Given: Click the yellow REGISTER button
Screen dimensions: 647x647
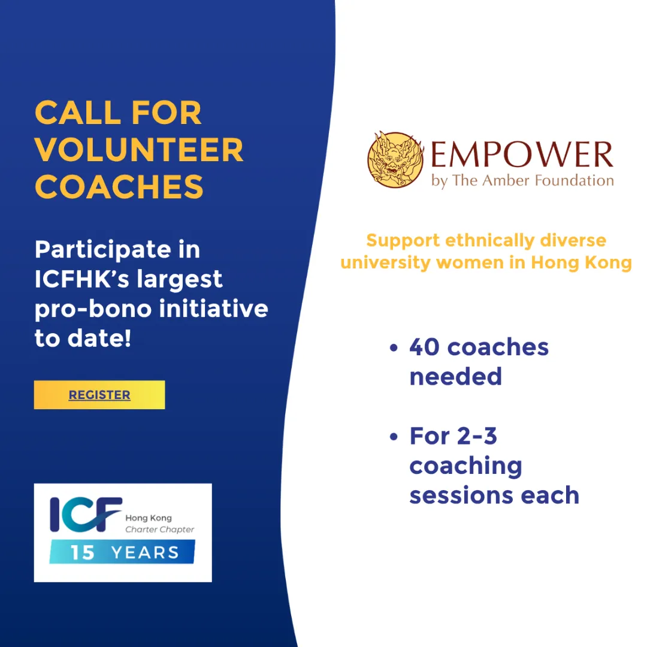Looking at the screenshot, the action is (x=99, y=395).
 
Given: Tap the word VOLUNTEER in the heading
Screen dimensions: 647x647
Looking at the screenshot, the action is (x=140, y=150).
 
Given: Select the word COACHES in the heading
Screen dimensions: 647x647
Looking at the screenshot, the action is (x=119, y=187).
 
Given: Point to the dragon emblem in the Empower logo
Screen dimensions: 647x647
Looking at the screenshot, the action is (x=396, y=160).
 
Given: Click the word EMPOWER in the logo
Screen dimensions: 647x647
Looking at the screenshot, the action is (x=522, y=155).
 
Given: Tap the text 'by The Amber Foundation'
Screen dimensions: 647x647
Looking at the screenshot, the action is (x=522, y=181).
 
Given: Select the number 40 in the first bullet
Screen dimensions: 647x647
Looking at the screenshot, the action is (x=425, y=347).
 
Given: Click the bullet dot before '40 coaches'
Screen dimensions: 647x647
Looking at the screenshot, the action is (x=394, y=348).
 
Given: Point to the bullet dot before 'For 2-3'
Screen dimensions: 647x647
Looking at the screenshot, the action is (x=394, y=437).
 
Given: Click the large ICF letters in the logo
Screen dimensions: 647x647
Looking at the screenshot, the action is (x=86, y=514).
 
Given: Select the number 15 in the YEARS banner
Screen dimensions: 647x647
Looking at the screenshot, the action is (x=83, y=552).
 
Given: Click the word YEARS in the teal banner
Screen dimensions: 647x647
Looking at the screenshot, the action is (x=145, y=552).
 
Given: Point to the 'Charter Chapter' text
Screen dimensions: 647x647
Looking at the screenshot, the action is (x=160, y=530).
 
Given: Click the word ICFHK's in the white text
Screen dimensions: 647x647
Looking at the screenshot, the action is (x=82, y=279).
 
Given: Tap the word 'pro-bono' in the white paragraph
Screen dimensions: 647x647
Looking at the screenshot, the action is (x=93, y=309).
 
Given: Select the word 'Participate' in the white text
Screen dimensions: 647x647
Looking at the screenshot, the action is (x=103, y=250).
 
